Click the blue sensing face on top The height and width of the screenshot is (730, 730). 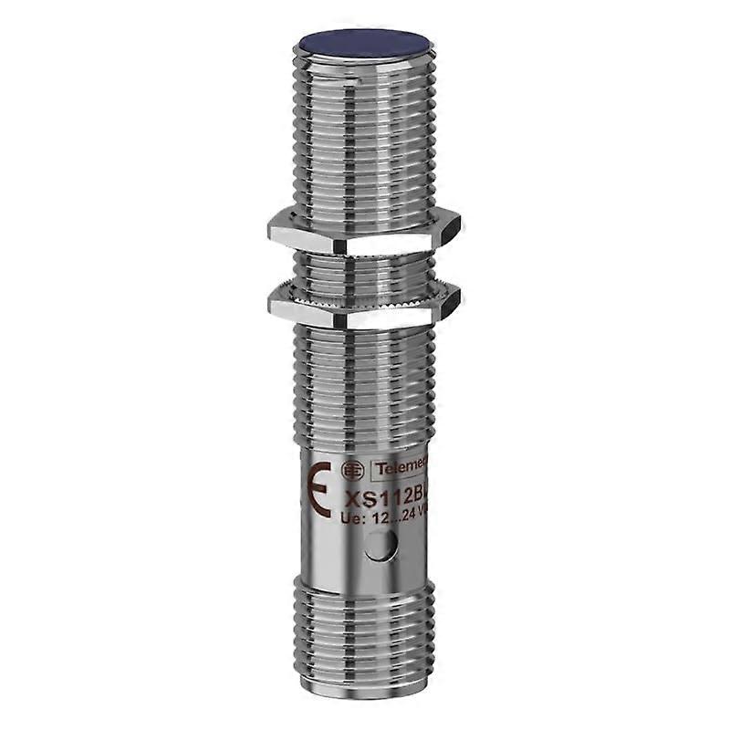[x=366, y=45]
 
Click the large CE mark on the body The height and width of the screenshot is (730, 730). [x=319, y=488]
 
